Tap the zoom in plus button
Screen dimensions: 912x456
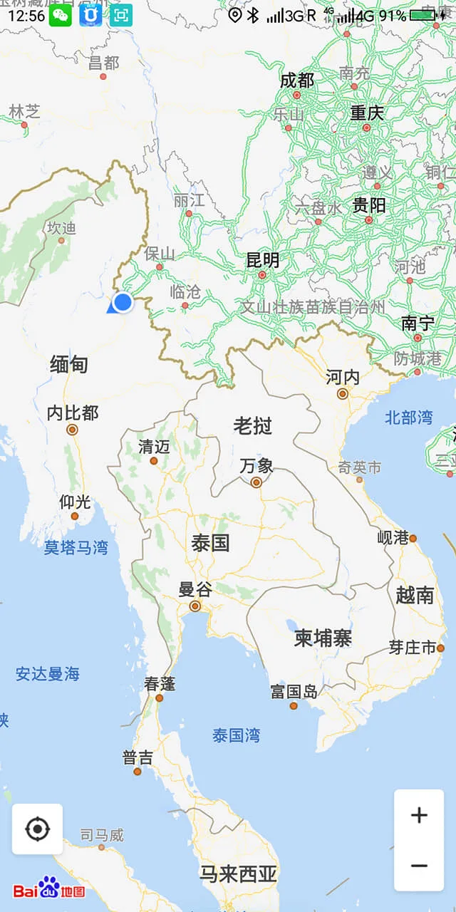(419, 815)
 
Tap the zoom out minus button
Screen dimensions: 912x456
(419, 866)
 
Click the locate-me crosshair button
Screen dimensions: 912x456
(37, 829)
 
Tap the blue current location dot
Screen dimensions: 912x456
(123, 302)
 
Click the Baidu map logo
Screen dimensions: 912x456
(49, 888)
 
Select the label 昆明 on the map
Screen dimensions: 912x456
(263, 260)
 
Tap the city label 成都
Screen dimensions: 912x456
(297, 81)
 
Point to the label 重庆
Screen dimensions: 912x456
(367, 113)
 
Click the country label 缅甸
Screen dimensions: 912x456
(69, 365)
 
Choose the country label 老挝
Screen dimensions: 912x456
(253, 425)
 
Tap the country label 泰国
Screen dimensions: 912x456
(210, 543)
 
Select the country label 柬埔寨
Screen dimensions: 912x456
(323, 638)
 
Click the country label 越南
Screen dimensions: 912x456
(415, 595)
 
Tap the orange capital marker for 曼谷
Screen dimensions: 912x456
(195, 607)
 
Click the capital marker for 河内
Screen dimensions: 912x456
(343, 393)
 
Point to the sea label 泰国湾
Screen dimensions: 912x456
(237, 735)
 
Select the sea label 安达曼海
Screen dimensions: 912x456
(48, 674)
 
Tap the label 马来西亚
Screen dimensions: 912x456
(238, 874)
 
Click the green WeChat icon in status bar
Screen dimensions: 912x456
(61, 15)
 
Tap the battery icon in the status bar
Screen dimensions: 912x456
(425, 16)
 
